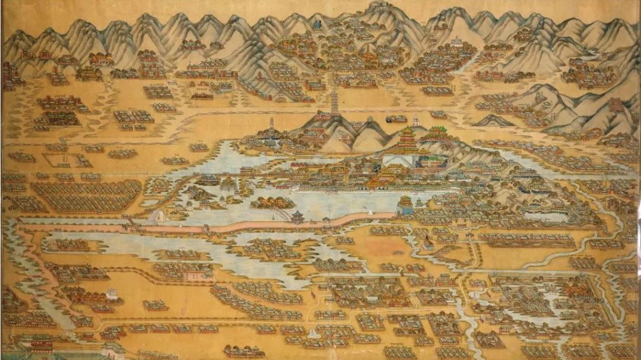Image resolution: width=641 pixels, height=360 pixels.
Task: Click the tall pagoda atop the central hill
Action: pos(334,103)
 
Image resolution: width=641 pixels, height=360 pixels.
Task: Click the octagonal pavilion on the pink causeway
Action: pos(297,216)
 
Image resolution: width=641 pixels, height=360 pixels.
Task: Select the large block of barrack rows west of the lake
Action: pos(86,196)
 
